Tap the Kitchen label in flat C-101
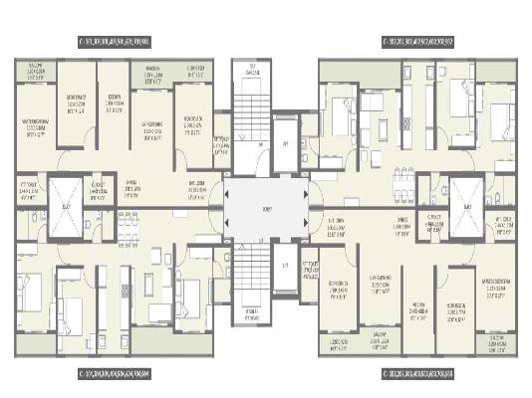[116, 102]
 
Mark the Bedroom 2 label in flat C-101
[192, 123]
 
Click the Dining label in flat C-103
[402, 227]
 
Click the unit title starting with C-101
[128, 42]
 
